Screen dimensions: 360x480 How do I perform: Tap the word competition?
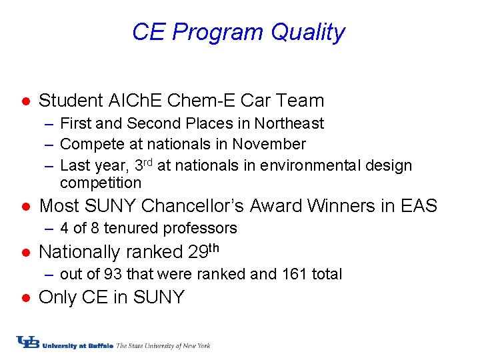point(101,183)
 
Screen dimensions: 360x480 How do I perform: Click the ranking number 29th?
point(203,251)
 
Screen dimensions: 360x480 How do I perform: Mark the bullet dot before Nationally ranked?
point(23,252)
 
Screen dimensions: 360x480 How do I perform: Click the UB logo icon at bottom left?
point(28,343)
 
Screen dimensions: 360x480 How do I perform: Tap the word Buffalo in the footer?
point(99,345)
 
